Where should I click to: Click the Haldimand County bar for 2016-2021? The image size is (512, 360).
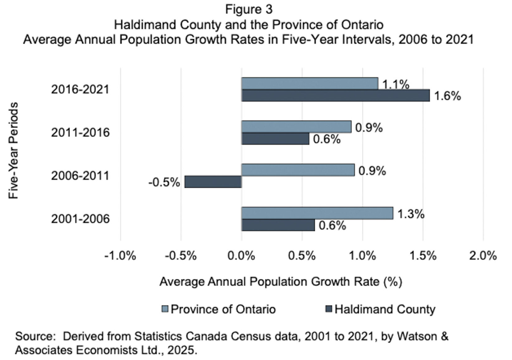[x=336, y=96]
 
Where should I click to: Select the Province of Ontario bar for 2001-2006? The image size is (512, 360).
[x=317, y=213]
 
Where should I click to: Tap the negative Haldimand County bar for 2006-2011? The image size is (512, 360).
[x=213, y=182]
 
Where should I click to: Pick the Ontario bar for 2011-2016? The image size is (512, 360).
[x=296, y=127]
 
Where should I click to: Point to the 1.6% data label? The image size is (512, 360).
[x=447, y=96]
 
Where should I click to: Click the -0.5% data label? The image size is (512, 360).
[x=164, y=182]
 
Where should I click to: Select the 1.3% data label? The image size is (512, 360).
[x=411, y=214]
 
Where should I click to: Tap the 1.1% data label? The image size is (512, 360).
[x=396, y=84]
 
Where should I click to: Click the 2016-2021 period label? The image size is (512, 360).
[x=80, y=90]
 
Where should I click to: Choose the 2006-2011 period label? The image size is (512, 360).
[x=80, y=176]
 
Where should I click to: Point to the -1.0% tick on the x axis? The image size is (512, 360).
[x=120, y=256]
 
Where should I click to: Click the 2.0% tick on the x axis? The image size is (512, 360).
[x=483, y=256]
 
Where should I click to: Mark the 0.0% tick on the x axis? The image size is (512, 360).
[x=242, y=256]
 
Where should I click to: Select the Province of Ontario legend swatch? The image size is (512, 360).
[x=165, y=309]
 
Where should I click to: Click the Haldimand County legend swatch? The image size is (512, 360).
[x=329, y=309]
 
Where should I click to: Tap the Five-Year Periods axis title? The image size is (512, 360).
[x=14, y=151]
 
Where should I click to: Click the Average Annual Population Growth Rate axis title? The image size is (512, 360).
[x=281, y=282]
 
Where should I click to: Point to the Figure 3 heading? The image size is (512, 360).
[x=249, y=9]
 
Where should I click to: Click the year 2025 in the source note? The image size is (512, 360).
[x=181, y=350]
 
